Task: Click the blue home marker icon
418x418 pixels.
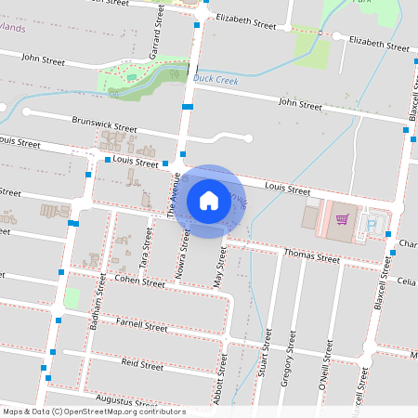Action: coord(209,200)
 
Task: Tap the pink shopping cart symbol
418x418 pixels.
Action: coord(342,220)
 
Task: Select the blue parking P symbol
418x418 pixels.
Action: coord(372,224)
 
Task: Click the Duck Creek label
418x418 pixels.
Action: coord(216,80)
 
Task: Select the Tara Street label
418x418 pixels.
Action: coord(145,244)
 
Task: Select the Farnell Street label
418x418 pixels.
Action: coord(141,325)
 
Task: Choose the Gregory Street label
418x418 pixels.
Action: coord(291,358)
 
